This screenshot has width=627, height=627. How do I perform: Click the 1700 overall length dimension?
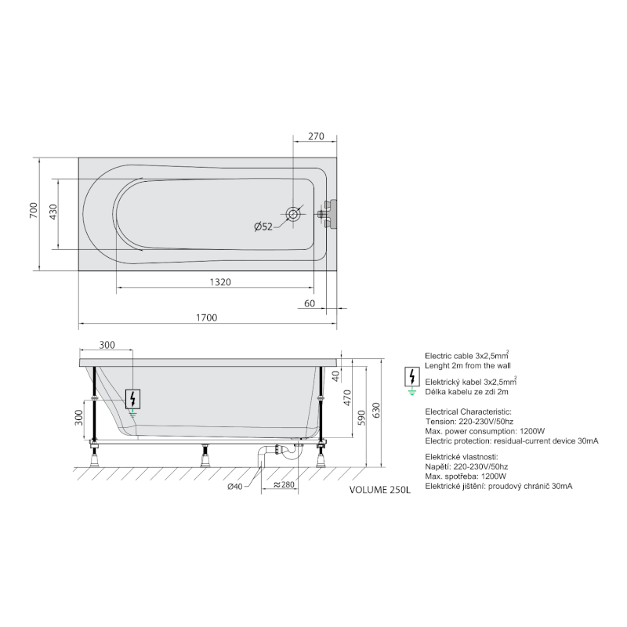[x=206, y=317]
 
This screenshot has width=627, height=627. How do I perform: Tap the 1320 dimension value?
[x=220, y=282]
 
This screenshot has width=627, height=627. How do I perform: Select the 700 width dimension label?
[x=34, y=210]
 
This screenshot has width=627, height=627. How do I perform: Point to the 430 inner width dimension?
[x=53, y=212]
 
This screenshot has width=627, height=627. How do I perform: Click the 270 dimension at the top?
[x=316, y=136]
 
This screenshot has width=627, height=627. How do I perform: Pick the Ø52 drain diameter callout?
[x=263, y=227]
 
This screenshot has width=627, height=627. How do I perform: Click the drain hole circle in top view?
[x=293, y=214]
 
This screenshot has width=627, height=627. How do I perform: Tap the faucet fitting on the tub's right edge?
[x=328, y=214]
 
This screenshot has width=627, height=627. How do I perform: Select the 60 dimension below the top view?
[x=310, y=303]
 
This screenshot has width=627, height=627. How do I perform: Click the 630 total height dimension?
[x=376, y=411]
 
